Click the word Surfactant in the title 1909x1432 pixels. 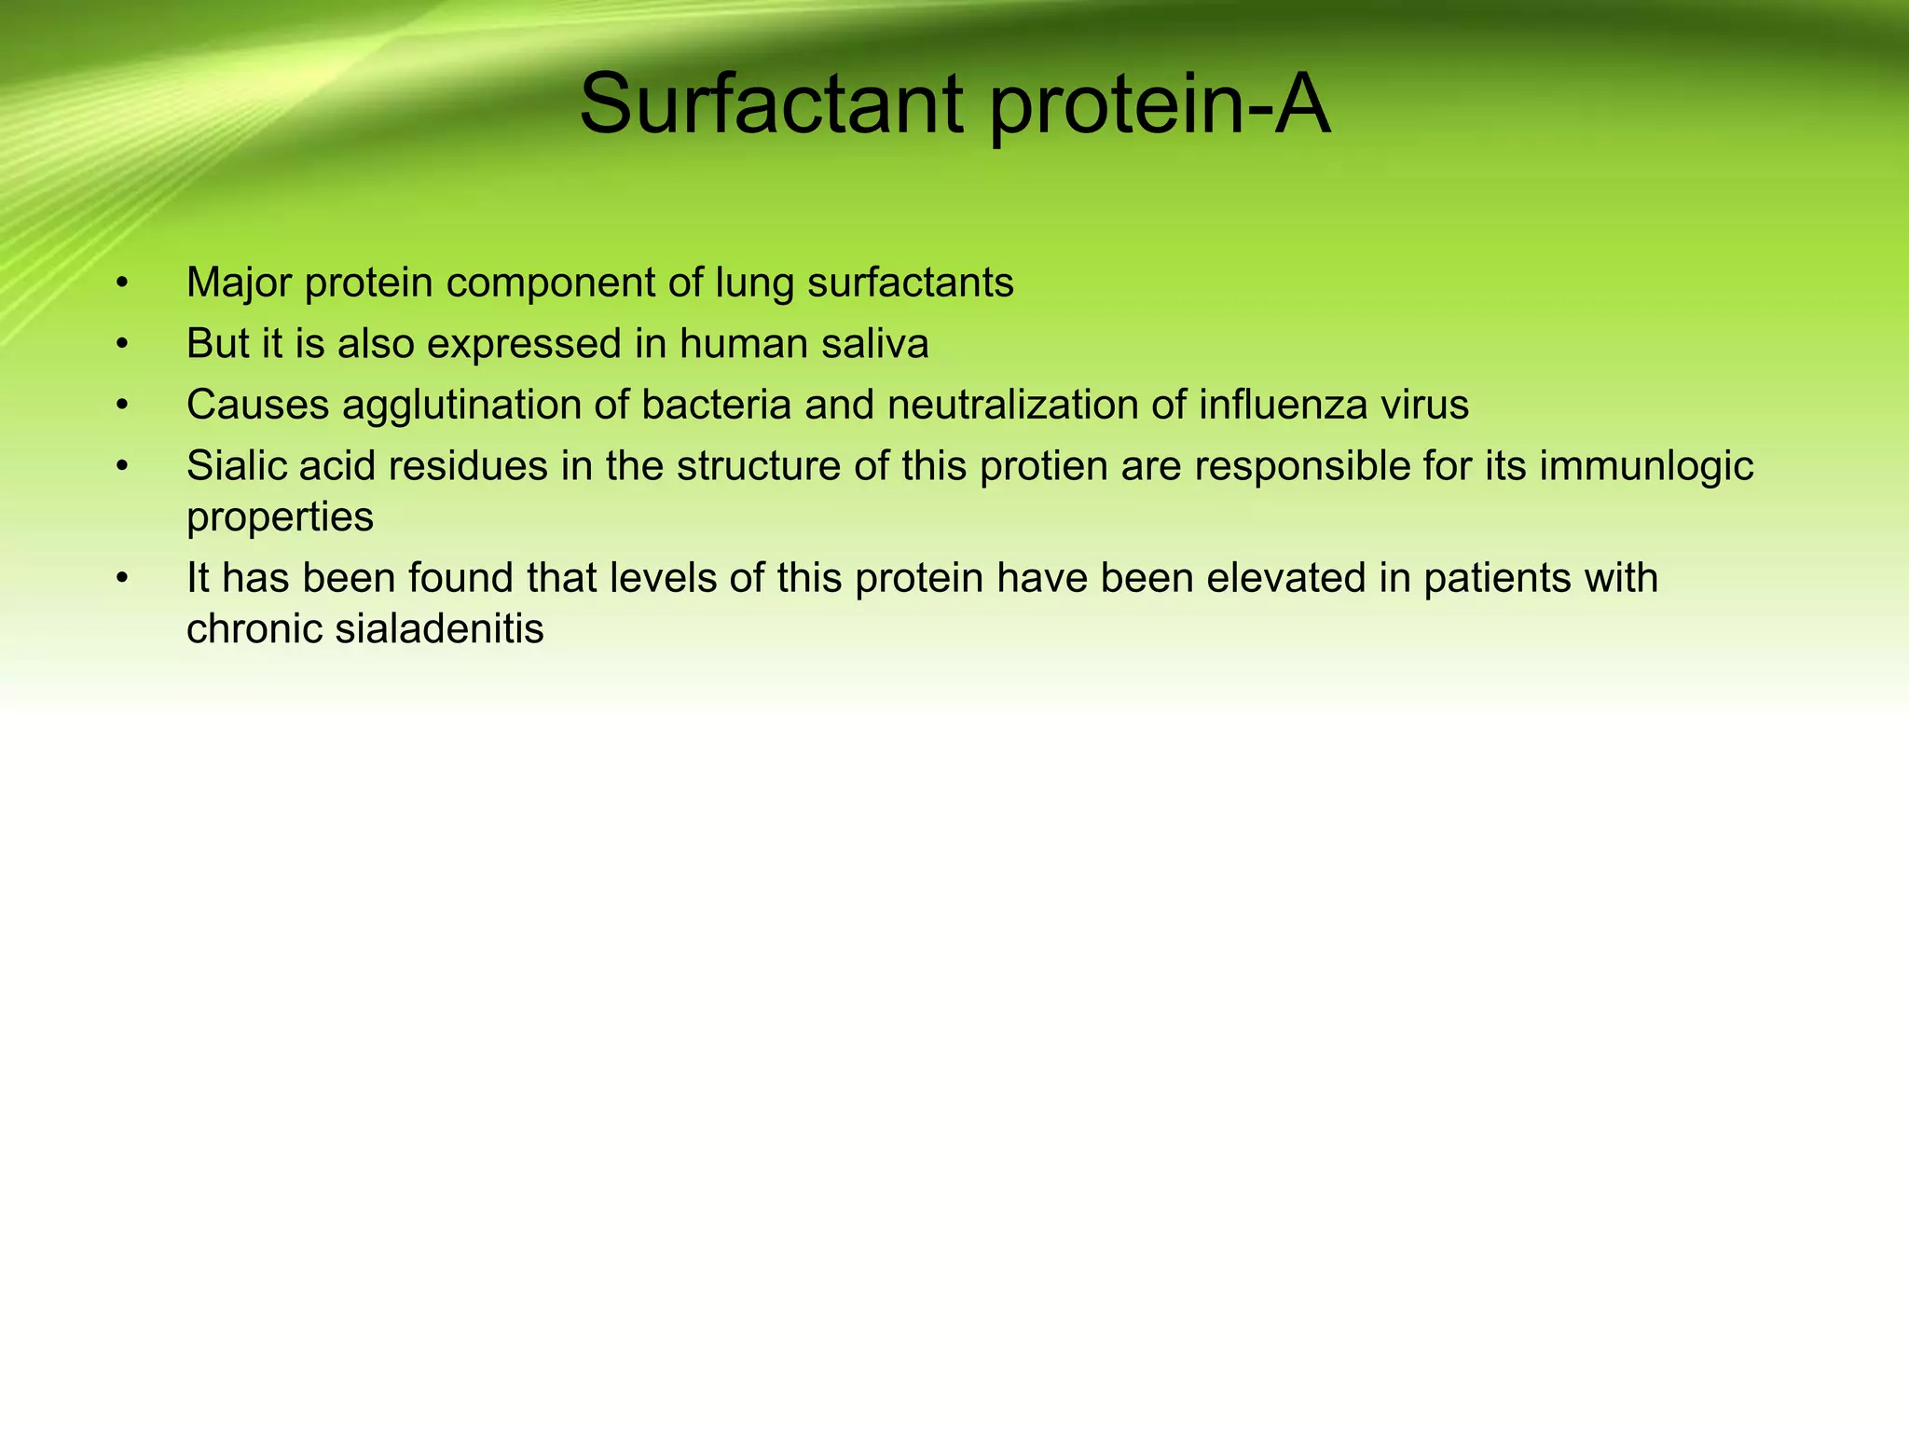pyautogui.click(x=770, y=104)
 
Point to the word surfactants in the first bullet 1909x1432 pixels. pyautogui.click(x=910, y=283)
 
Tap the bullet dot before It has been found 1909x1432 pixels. pyautogui.click(x=121, y=579)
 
